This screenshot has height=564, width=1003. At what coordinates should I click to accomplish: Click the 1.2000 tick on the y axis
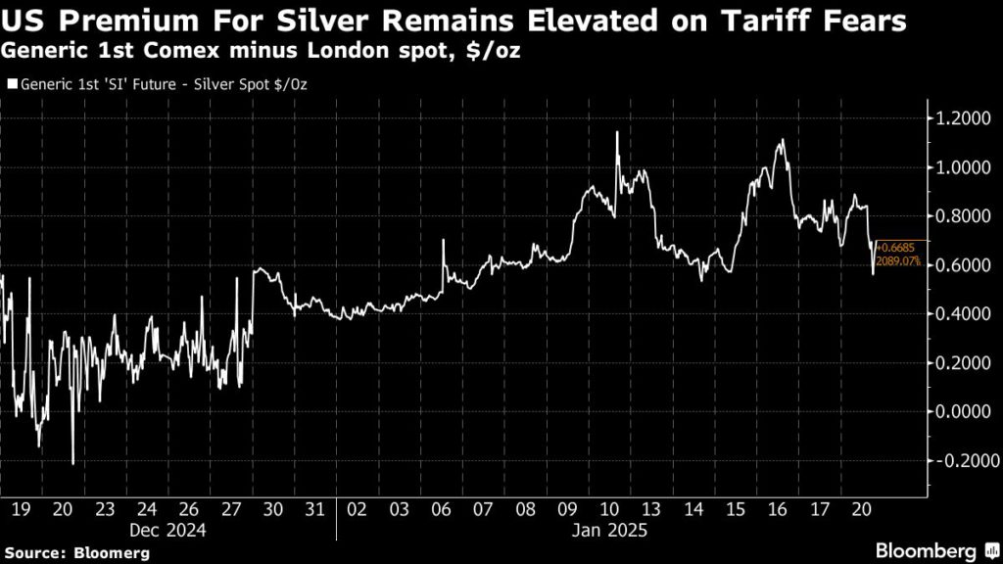point(960,118)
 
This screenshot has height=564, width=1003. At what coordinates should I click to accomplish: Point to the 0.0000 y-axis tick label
point(960,412)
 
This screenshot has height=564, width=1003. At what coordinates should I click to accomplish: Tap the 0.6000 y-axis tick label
point(960,265)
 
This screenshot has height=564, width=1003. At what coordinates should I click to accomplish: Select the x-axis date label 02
point(358,509)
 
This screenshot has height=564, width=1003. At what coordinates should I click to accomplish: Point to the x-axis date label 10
point(609,509)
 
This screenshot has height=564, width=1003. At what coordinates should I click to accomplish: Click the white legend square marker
point(11,85)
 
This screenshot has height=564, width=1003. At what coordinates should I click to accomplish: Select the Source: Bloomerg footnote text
point(75,553)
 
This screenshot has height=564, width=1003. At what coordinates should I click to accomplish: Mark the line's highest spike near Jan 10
point(617,132)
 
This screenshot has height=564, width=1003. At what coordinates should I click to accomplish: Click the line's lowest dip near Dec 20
point(73,463)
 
